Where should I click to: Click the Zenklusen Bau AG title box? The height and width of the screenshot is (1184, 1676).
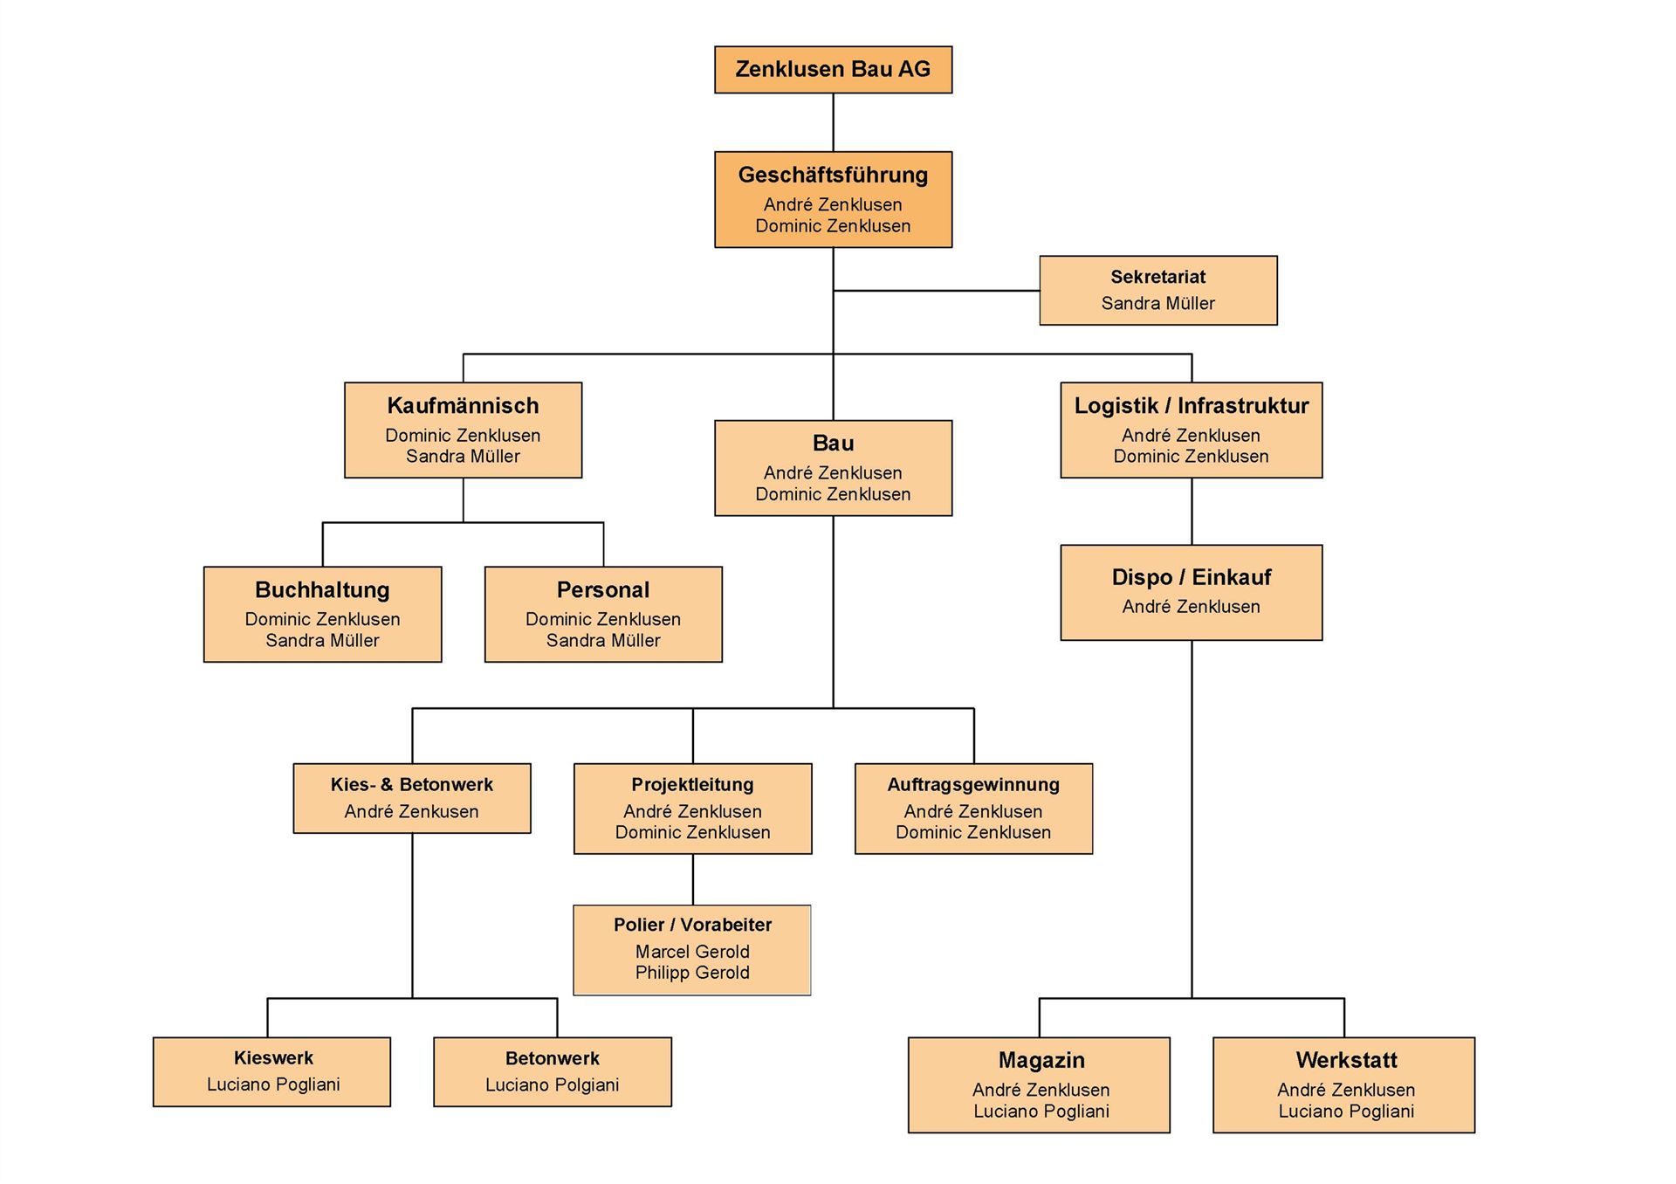click(833, 70)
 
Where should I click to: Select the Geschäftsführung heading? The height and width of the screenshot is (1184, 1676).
click(833, 176)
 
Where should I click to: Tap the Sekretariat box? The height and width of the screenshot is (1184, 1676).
click(1157, 291)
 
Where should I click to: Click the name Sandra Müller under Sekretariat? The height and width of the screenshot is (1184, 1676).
click(1157, 304)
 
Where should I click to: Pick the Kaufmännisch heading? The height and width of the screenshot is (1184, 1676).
click(463, 406)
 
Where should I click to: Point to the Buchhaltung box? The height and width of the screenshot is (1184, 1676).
click(322, 615)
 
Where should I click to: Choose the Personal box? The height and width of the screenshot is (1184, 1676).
click(603, 615)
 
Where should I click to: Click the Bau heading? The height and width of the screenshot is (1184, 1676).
click(833, 444)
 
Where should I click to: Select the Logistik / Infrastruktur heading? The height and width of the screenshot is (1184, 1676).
click(1191, 406)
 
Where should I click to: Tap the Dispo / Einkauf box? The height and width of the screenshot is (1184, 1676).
click(1191, 593)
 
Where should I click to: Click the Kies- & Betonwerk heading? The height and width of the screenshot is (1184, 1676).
click(411, 785)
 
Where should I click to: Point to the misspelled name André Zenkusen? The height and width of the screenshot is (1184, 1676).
click(411, 812)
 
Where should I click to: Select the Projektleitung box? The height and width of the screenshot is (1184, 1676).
click(692, 809)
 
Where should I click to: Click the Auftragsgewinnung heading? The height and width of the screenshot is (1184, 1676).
click(973, 785)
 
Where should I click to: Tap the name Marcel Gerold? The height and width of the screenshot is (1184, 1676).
click(692, 952)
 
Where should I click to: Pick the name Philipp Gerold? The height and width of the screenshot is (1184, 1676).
click(692, 973)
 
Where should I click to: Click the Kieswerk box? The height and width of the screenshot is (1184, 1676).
click(271, 1072)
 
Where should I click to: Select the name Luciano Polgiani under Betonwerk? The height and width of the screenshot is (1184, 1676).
click(552, 1085)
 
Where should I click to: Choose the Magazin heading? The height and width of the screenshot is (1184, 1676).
click(1041, 1061)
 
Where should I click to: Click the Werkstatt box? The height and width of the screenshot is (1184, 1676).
click(1343, 1085)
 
